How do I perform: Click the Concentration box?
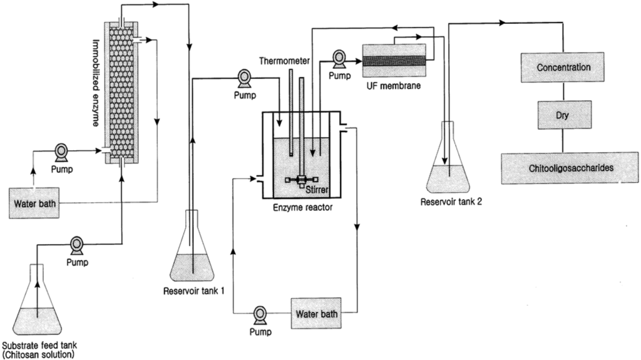tap(563, 67)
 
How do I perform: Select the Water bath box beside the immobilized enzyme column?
tap(34, 203)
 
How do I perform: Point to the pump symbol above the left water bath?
tap(61, 152)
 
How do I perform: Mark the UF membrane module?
tap(394, 60)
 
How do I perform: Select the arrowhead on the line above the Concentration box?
tap(502, 23)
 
